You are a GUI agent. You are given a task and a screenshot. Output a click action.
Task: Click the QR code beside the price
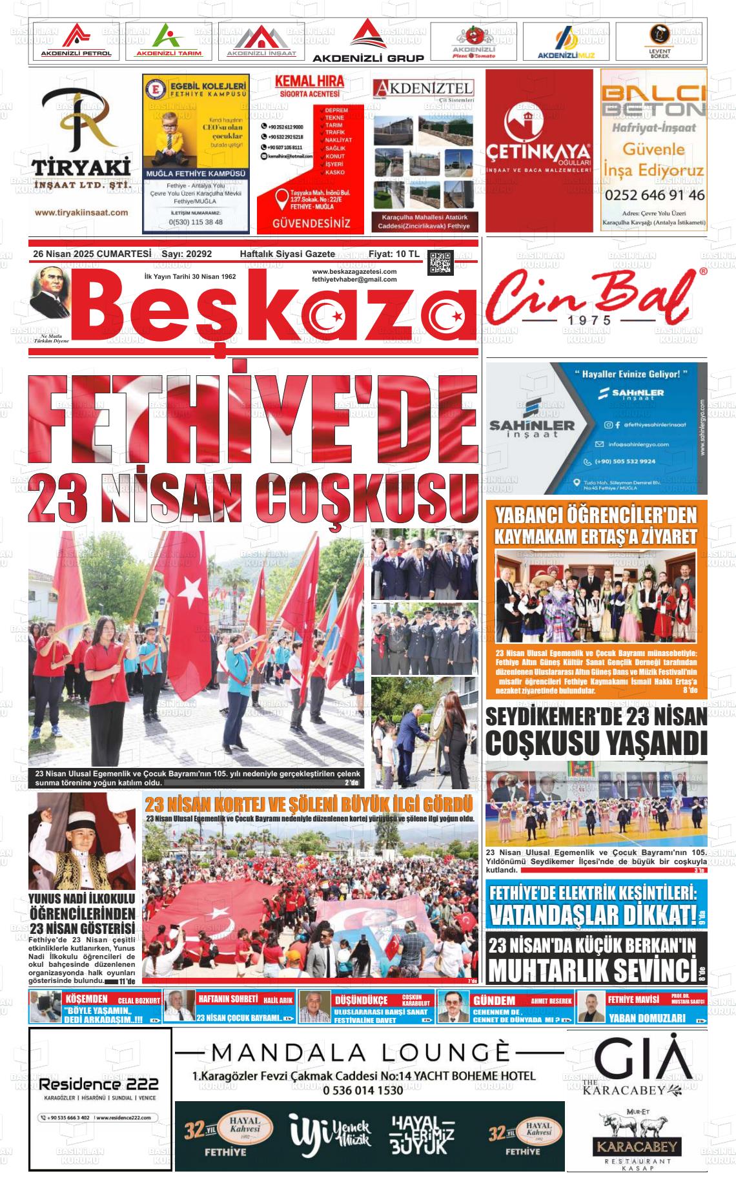point(441,262)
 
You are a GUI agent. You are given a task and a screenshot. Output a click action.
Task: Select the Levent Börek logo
point(659,41)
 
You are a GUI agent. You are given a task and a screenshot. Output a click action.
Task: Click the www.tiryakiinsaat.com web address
point(81,212)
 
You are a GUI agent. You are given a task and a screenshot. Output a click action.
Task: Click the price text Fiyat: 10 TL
point(394,254)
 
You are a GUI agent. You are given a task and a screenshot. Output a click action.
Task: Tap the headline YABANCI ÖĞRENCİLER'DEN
point(596,516)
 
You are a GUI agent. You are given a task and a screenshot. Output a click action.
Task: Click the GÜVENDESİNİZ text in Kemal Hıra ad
point(312,223)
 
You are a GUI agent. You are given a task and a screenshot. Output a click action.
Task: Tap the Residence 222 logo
point(99,1084)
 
